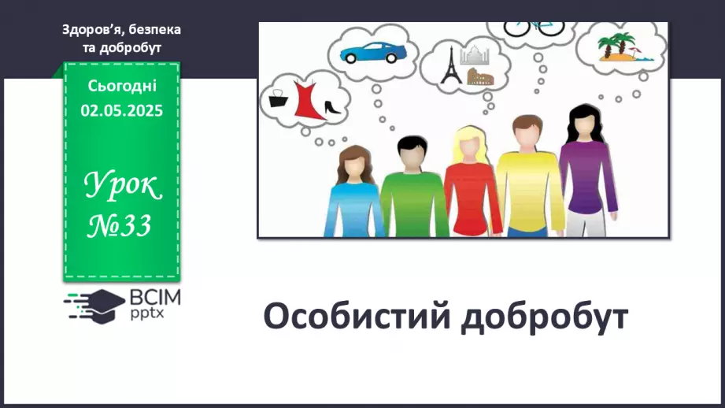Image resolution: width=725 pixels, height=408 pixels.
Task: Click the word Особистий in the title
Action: (356, 317)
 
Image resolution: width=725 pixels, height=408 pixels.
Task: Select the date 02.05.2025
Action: (121, 111)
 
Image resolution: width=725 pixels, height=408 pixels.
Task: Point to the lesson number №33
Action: (120, 226)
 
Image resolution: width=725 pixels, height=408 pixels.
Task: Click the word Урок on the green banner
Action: (122, 187)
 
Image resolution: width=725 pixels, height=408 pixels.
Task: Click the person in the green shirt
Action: (413, 189)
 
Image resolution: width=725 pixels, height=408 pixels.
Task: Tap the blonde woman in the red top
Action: (472, 185)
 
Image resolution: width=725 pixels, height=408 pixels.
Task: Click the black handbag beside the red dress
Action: (278, 98)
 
